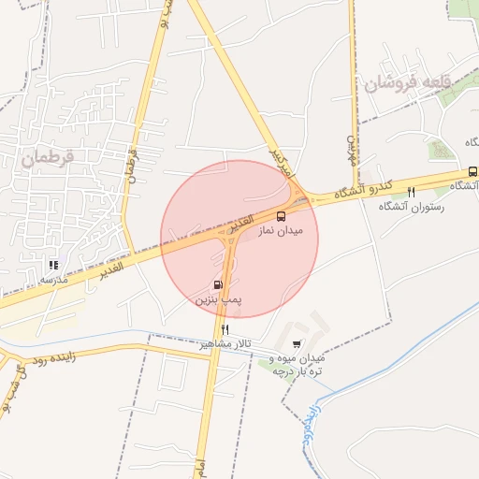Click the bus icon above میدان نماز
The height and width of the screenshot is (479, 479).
282,216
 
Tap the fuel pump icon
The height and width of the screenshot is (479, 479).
218,285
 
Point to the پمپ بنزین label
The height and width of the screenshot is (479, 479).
218,300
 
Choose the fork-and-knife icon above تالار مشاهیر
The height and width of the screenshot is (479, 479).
225,330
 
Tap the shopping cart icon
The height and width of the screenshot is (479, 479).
298,344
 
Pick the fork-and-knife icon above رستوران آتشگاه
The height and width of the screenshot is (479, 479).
411,192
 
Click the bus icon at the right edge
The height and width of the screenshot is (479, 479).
472,171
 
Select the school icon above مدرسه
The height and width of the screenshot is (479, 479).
52,265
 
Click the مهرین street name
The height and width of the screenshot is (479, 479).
354,147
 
